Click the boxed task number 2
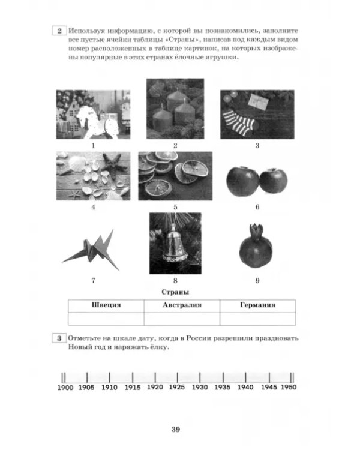(x=59, y=31)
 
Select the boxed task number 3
(x=59, y=338)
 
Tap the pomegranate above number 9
(x=256, y=246)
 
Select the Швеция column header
(x=106, y=305)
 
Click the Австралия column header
(x=182, y=305)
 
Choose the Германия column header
(x=257, y=305)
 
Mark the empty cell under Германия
(x=257, y=319)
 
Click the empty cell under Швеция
(x=106, y=319)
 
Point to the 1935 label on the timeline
(x=223, y=387)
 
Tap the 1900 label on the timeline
(x=65, y=388)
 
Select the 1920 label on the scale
(x=155, y=387)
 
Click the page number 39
(x=176, y=430)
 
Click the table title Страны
(x=175, y=292)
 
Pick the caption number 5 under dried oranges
(x=175, y=207)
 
